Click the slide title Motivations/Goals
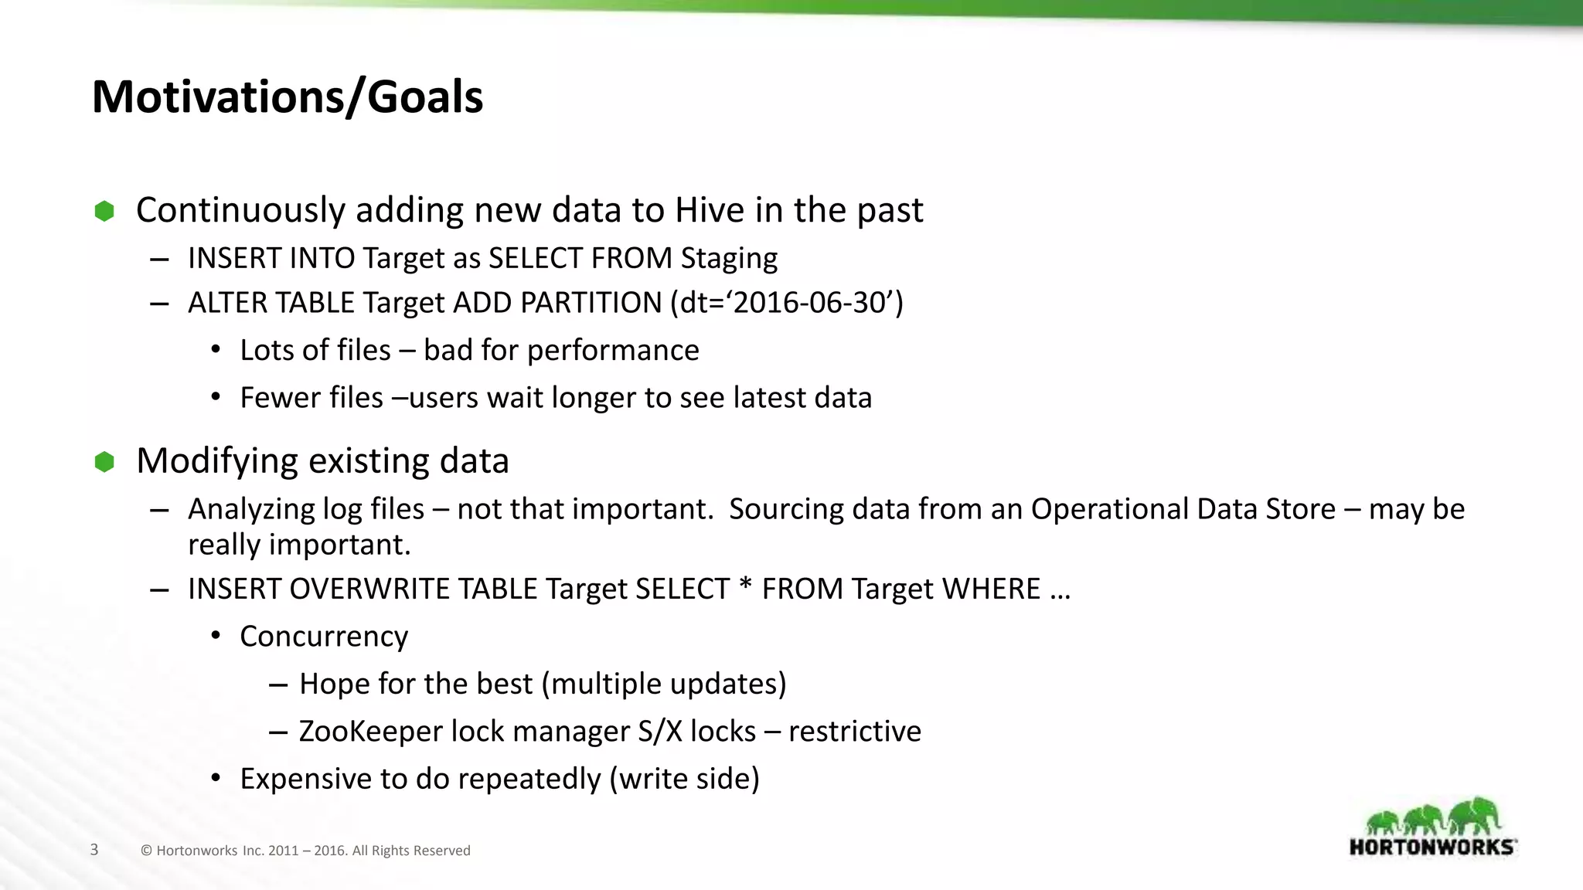(288, 97)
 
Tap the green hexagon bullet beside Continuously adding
(104, 211)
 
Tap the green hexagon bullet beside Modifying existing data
(104, 462)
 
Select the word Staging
(728, 259)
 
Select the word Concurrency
(324, 637)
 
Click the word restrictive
(855, 732)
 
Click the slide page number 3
(94, 850)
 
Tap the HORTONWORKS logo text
(1432, 847)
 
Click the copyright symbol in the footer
(146, 851)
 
